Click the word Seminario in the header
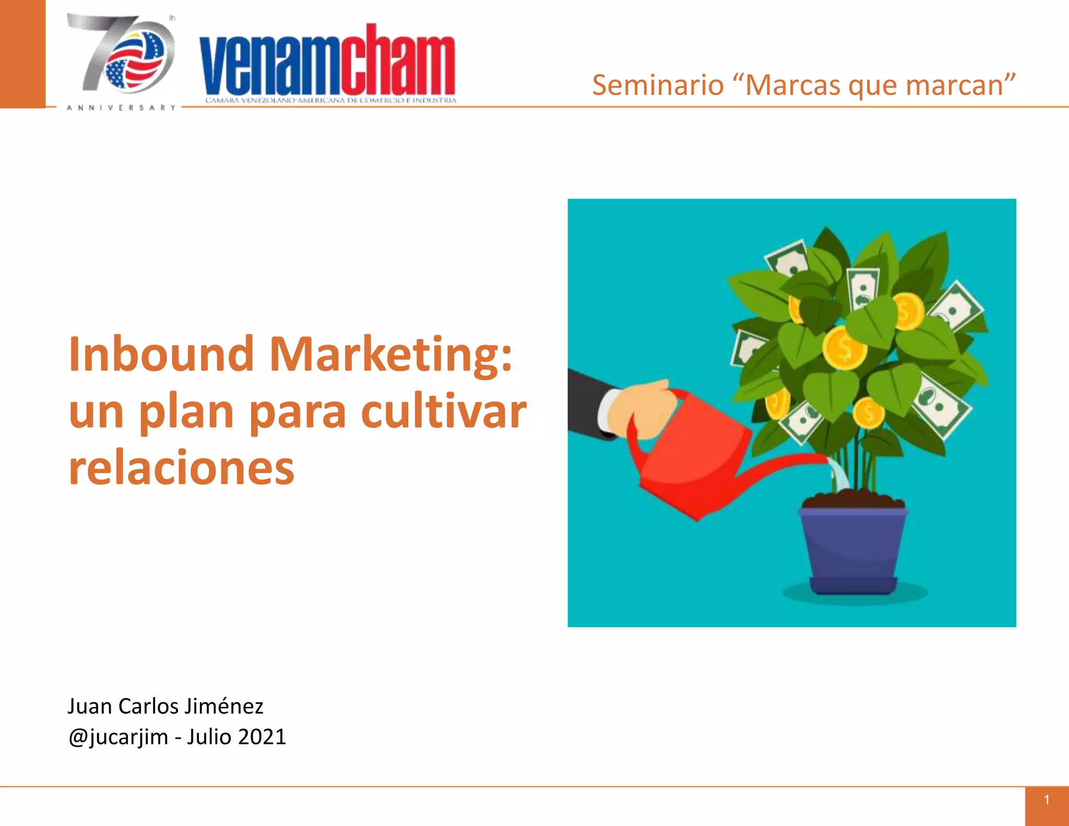[658, 85]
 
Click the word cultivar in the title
[444, 411]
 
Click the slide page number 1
[1047, 800]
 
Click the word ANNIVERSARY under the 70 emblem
[121, 108]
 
